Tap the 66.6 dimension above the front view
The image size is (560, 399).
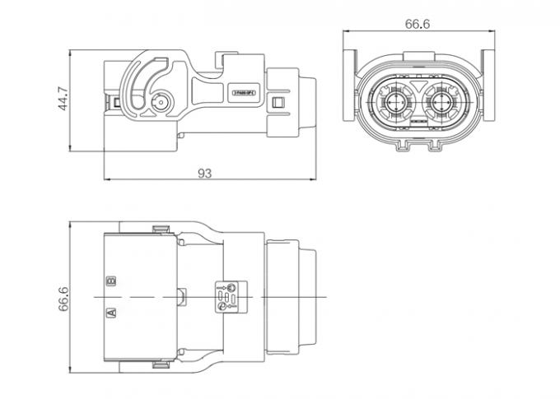418,25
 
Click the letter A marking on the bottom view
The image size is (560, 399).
111,312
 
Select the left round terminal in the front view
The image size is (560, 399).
394,104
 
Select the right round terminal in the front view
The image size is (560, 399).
443,104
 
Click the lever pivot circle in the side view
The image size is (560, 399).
161,104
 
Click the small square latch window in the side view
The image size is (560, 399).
279,104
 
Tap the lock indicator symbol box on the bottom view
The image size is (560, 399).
227,295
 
